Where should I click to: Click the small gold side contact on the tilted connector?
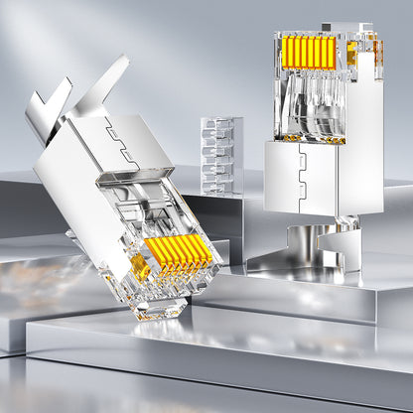click(x=140, y=266)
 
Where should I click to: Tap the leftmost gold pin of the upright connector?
click(x=286, y=52)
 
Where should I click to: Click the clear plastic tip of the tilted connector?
click(x=164, y=303)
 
